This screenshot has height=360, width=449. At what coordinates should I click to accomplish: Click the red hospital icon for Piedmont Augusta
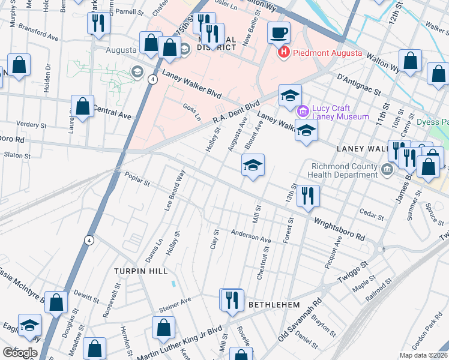coord(284,53)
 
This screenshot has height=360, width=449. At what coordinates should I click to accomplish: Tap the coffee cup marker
coord(279,34)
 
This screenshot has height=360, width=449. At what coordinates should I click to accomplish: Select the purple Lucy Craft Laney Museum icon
coord(303,111)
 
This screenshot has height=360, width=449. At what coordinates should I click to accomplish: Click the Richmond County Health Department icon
coord(387,172)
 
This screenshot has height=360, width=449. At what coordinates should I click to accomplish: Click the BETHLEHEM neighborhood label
coord(274,305)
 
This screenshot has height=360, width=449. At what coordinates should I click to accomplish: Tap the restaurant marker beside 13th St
coord(308,196)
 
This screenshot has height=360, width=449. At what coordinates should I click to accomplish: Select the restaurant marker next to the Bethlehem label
coord(232,300)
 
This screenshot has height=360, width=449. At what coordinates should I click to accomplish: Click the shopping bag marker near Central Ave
coord(83,107)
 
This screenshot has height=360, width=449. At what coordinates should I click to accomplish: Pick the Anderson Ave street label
coord(252,237)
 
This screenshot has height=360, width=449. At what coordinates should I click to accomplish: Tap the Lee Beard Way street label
coord(175,190)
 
